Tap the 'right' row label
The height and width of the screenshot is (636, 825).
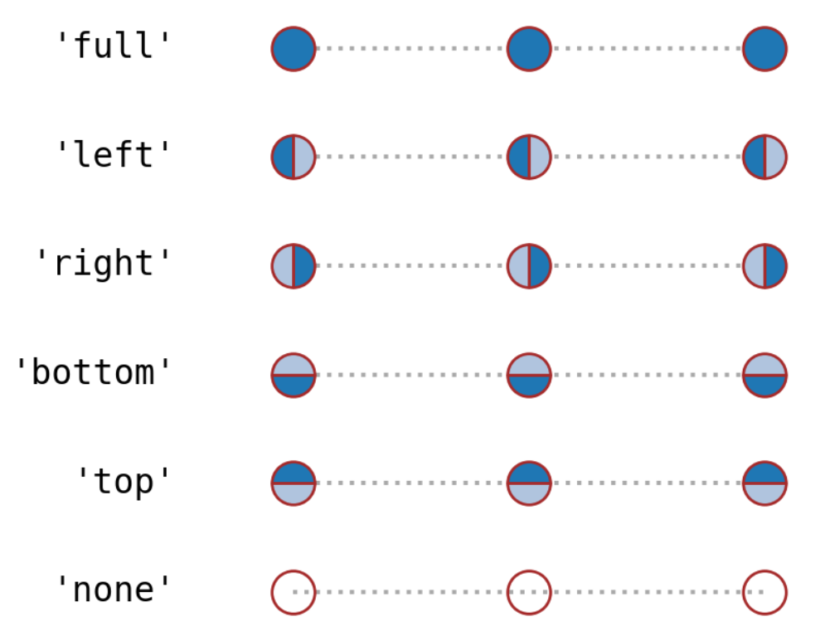[104, 263]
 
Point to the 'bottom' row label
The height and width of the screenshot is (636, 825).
[94, 372]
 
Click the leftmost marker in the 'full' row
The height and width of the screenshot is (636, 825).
[294, 49]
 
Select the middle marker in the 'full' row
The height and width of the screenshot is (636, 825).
[529, 49]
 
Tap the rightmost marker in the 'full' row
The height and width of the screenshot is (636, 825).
[764, 49]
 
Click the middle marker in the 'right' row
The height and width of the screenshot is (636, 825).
[529, 266]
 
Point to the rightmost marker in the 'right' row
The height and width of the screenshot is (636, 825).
[764, 266]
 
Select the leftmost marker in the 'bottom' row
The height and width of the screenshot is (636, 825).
[294, 375]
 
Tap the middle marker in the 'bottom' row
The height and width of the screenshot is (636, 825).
[529, 375]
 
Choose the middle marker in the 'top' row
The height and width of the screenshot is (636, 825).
[529, 483]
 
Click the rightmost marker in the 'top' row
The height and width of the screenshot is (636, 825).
[764, 483]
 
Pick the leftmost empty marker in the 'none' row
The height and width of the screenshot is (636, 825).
[294, 592]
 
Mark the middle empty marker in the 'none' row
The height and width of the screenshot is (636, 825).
[529, 592]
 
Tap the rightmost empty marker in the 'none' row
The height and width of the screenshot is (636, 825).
[764, 592]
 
